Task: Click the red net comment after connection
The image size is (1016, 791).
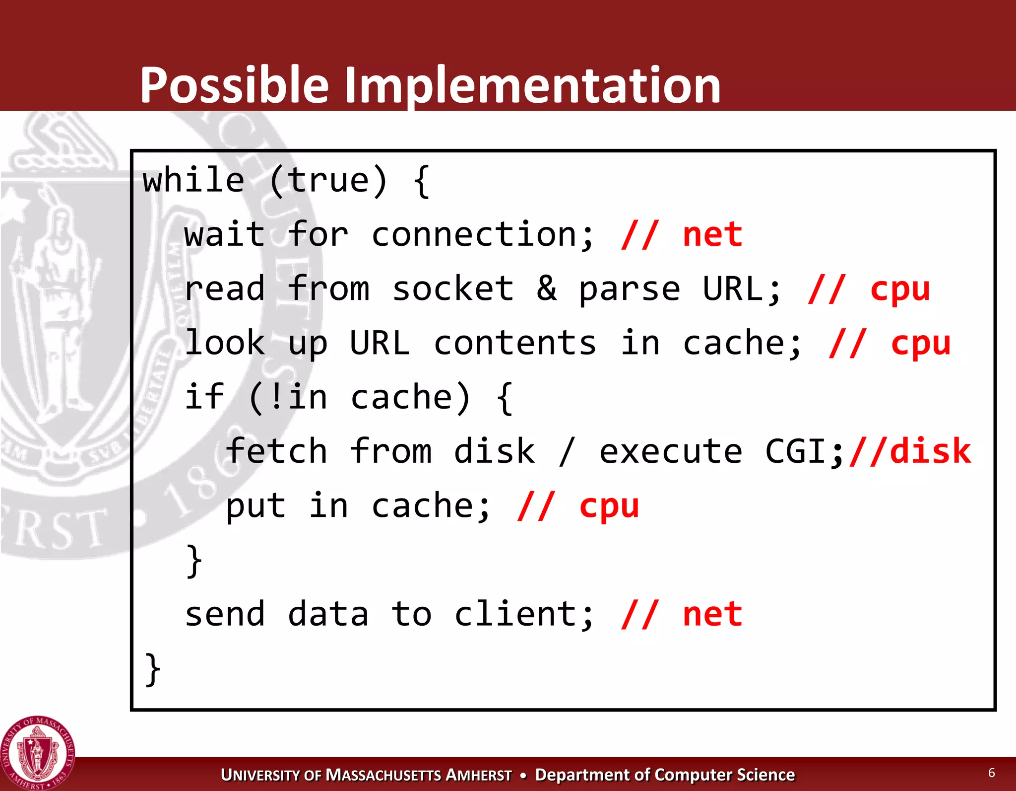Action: (712, 234)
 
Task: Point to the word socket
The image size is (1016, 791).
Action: (453, 288)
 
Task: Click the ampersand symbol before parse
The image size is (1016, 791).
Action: (547, 288)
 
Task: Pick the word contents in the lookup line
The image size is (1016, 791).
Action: (515, 343)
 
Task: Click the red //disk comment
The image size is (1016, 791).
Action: (910, 451)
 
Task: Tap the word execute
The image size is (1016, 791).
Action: (671, 451)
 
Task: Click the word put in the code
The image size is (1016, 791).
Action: (256, 506)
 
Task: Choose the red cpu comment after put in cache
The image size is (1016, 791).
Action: (609, 506)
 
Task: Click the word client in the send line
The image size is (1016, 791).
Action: (524, 614)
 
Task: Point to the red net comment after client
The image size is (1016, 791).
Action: (712, 614)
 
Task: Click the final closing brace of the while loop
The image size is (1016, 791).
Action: (153, 669)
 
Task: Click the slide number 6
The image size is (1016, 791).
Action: (992, 772)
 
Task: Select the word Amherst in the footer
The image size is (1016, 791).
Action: (478, 775)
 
